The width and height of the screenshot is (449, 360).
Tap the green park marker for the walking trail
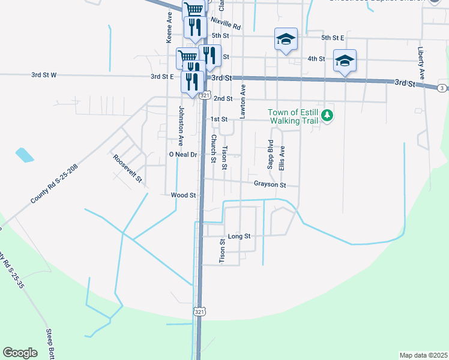coord(327,115)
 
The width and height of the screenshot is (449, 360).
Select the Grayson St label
coord(270,184)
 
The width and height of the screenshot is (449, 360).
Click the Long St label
coord(238,236)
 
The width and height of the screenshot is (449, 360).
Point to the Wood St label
coord(183,195)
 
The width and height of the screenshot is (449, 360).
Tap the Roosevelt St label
coord(127,168)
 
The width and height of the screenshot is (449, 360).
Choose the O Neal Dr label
coord(182,154)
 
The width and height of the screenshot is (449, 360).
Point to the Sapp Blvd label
coord(271,154)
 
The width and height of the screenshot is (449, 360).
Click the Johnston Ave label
coord(180,126)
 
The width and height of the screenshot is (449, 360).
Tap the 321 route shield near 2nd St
coord(205,95)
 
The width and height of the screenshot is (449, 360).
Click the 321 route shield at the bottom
coord(200,311)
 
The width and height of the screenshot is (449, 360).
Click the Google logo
coord(20,353)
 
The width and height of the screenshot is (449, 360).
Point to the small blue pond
coord(25,155)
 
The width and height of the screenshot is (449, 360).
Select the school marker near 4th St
coord(345,61)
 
